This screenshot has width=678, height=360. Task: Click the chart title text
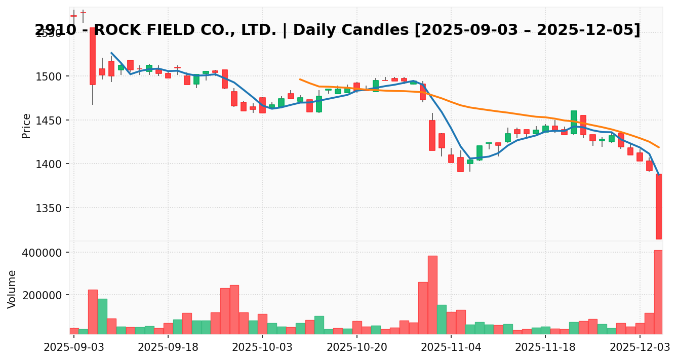pos(337,30)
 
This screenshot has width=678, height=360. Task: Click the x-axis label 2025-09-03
pos(74,347)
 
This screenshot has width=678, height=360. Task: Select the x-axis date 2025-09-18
pos(168,347)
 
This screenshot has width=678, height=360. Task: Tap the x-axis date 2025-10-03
pos(262,347)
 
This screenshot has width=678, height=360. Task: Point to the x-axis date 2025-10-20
pos(357,347)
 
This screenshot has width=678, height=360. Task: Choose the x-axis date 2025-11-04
pos(451,347)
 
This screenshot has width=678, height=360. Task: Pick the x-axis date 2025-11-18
pos(545,347)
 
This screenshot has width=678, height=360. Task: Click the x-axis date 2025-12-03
pos(640,347)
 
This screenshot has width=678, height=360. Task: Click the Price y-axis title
pos(26,126)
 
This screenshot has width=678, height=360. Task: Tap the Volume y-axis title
pos(12,289)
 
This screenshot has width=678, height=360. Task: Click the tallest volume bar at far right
pos(658,292)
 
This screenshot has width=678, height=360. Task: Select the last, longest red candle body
pos(659,207)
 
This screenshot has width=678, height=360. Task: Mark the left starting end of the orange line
pos(300,79)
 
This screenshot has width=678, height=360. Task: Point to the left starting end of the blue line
pos(111,53)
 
